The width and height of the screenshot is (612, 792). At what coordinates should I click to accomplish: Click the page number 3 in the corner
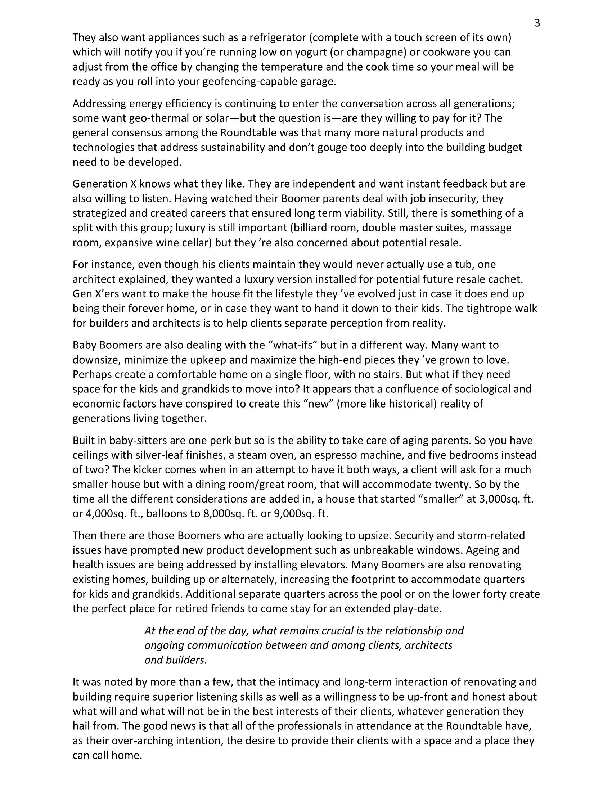point(537,23)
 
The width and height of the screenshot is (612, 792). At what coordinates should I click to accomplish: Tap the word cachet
point(505,279)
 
